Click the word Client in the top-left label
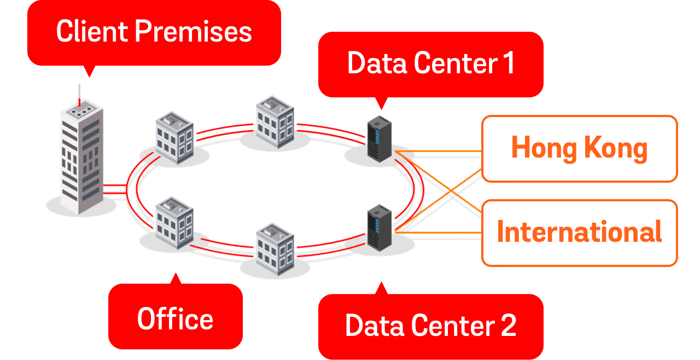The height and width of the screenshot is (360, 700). click(92, 32)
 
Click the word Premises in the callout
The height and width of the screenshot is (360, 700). click(193, 32)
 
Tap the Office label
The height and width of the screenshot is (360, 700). click(175, 318)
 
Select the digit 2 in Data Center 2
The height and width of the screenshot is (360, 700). click(508, 326)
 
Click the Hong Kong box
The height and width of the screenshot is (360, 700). click(579, 148)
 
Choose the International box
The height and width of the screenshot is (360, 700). click(579, 232)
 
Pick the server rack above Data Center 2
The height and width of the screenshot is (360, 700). click(380, 227)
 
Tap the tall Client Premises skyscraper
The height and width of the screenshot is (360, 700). click(81, 159)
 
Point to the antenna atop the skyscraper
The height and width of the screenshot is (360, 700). click(79, 93)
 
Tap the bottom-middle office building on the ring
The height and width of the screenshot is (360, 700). click(275, 249)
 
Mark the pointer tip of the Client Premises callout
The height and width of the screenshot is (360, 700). click(89, 76)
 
